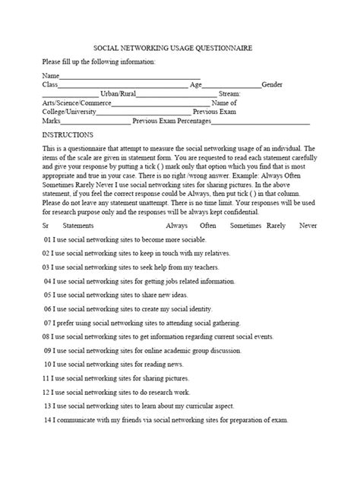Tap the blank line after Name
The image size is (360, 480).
pyautogui.click(x=129, y=76)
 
